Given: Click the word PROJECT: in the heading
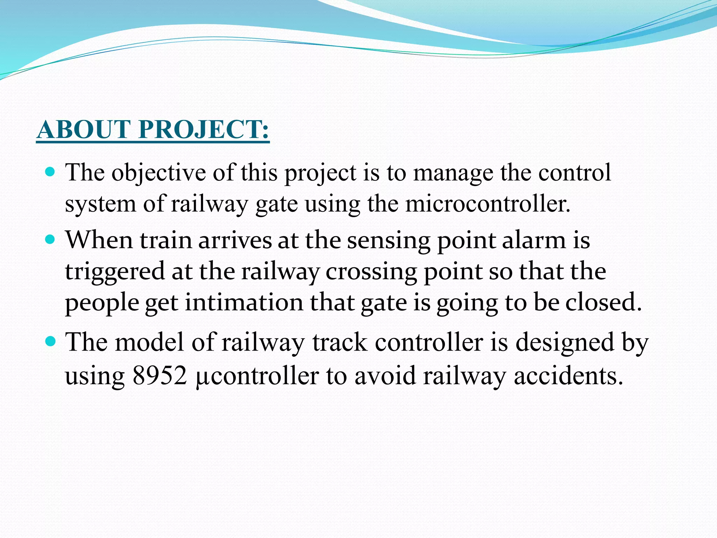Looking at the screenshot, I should click(x=204, y=130).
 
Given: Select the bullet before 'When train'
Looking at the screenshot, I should click(x=51, y=240).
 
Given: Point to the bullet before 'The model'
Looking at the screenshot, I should click(x=51, y=341).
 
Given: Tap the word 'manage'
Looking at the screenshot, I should click(x=453, y=174).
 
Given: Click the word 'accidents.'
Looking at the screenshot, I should click(x=569, y=376).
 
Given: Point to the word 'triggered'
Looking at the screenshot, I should click(x=115, y=272).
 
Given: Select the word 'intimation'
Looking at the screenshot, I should click(x=244, y=302).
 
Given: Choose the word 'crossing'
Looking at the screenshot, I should click(x=371, y=272).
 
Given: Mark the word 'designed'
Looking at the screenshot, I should click(x=565, y=342).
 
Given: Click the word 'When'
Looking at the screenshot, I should click(x=99, y=241).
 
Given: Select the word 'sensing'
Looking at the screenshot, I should click(x=389, y=241).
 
